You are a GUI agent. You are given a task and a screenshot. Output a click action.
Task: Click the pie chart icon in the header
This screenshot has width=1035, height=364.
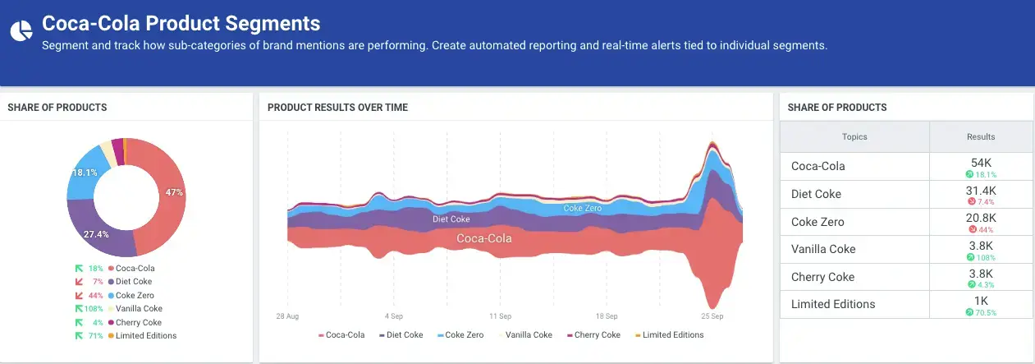20,30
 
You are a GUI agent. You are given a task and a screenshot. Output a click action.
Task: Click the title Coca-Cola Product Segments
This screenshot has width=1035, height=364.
181,23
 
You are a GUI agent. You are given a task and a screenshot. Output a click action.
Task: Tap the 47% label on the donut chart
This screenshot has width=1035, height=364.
173,192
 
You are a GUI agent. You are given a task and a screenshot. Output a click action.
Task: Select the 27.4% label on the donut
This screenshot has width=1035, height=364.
96,234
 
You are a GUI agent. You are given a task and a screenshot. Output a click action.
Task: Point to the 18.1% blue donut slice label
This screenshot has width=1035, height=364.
85,173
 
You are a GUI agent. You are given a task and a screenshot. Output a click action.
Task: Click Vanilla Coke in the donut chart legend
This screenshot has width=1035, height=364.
139,309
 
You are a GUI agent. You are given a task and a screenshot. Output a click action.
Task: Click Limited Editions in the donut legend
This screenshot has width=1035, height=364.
146,335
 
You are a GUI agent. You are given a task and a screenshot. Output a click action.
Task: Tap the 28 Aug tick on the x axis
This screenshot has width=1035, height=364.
287,316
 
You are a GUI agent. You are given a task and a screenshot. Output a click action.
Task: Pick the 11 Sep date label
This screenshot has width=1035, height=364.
500,316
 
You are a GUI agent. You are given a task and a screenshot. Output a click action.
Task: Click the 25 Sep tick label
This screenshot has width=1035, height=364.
712,316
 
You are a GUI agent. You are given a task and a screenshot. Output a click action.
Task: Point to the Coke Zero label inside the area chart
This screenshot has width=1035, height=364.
582,208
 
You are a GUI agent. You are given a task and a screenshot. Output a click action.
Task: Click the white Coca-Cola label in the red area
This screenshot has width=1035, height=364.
483,238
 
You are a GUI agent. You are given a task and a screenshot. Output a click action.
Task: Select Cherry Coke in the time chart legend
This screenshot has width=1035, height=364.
597,334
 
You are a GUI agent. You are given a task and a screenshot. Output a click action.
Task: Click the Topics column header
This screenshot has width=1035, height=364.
854,136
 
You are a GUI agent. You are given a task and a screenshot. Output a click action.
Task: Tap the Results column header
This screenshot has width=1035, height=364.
981,136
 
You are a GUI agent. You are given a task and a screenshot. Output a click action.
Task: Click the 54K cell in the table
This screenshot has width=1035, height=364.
981,164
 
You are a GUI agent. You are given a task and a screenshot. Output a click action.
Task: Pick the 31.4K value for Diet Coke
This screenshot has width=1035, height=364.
981,191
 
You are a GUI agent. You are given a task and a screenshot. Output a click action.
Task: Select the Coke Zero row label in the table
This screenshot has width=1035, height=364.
817,222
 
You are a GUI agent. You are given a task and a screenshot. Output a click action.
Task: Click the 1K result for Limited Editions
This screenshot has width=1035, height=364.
981,301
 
